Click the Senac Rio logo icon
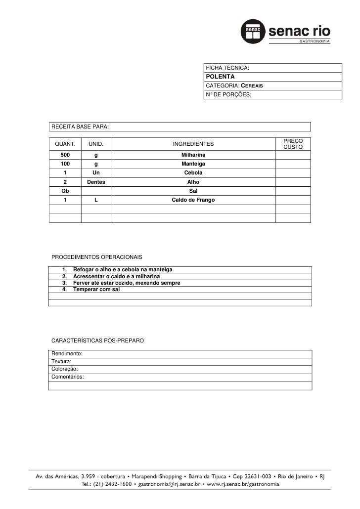coord(254,32)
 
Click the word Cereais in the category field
coord(251,86)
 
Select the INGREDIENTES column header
coord(193,144)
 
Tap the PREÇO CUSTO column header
coord(293,144)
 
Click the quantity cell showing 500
coord(65,156)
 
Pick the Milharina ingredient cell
coord(193,156)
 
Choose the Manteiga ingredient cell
coord(193,164)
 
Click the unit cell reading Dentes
coord(96,182)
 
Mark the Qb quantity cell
coord(65,191)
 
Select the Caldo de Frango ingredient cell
coord(193,200)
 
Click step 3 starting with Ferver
coord(126,283)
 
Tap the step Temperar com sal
coord(96,289)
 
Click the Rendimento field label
coord(67,354)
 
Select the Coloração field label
coord(65,369)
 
